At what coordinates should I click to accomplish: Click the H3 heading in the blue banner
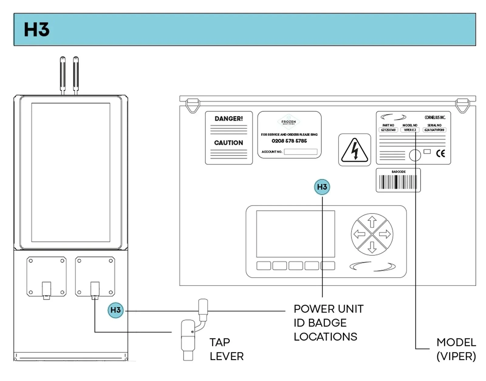click(x=36, y=30)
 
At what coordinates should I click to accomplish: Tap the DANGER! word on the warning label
click(x=228, y=119)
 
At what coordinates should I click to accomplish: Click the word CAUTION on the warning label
click(x=228, y=143)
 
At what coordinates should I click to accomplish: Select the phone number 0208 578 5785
click(x=289, y=141)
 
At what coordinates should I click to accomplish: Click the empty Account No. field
click(x=300, y=152)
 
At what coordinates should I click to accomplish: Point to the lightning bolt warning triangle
click(x=354, y=150)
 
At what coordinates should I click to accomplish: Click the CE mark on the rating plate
click(x=440, y=153)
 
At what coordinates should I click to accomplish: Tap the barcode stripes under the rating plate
click(x=398, y=182)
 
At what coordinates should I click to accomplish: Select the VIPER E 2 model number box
click(x=410, y=130)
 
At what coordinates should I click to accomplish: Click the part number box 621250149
click(x=388, y=130)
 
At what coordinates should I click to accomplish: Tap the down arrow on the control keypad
click(x=372, y=247)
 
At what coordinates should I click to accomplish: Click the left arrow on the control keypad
click(x=359, y=234)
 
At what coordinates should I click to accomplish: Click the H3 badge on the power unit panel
click(x=322, y=187)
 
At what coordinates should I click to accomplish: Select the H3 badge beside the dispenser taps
click(x=116, y=310)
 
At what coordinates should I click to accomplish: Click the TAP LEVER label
click(x=226, y=349)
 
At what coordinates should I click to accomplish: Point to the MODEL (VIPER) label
click(x=456, y=349)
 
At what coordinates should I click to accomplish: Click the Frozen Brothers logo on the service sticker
click(x=289, y=122)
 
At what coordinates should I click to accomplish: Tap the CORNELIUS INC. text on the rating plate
click(x=435, y=117)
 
